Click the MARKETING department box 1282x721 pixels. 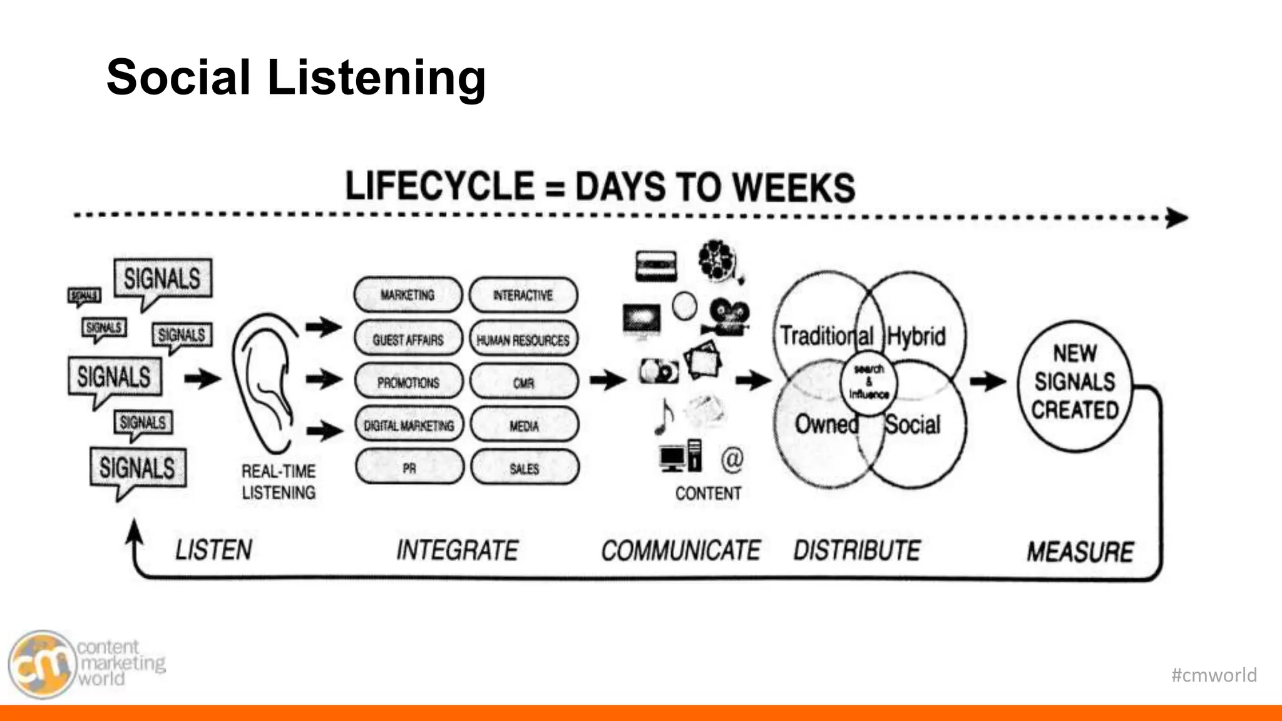point(408,295)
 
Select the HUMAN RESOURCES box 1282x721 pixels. point(523,340)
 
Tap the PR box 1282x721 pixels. point(409,468)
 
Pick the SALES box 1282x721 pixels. point(525,468)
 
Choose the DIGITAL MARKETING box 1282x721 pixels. point(409,426)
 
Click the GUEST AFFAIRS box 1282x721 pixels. point(408,340)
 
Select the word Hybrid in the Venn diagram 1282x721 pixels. point(916,337)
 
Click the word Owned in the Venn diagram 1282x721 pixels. point(826,424)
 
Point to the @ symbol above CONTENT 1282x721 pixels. point(732,459)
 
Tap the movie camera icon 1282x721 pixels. point(727,317)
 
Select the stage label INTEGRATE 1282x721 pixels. point(457,550)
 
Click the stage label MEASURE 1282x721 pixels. point(1080,552)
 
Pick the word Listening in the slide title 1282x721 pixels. point(376,78)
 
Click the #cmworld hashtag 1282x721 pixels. point(1213,675)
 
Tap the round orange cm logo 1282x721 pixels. point(41,665)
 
